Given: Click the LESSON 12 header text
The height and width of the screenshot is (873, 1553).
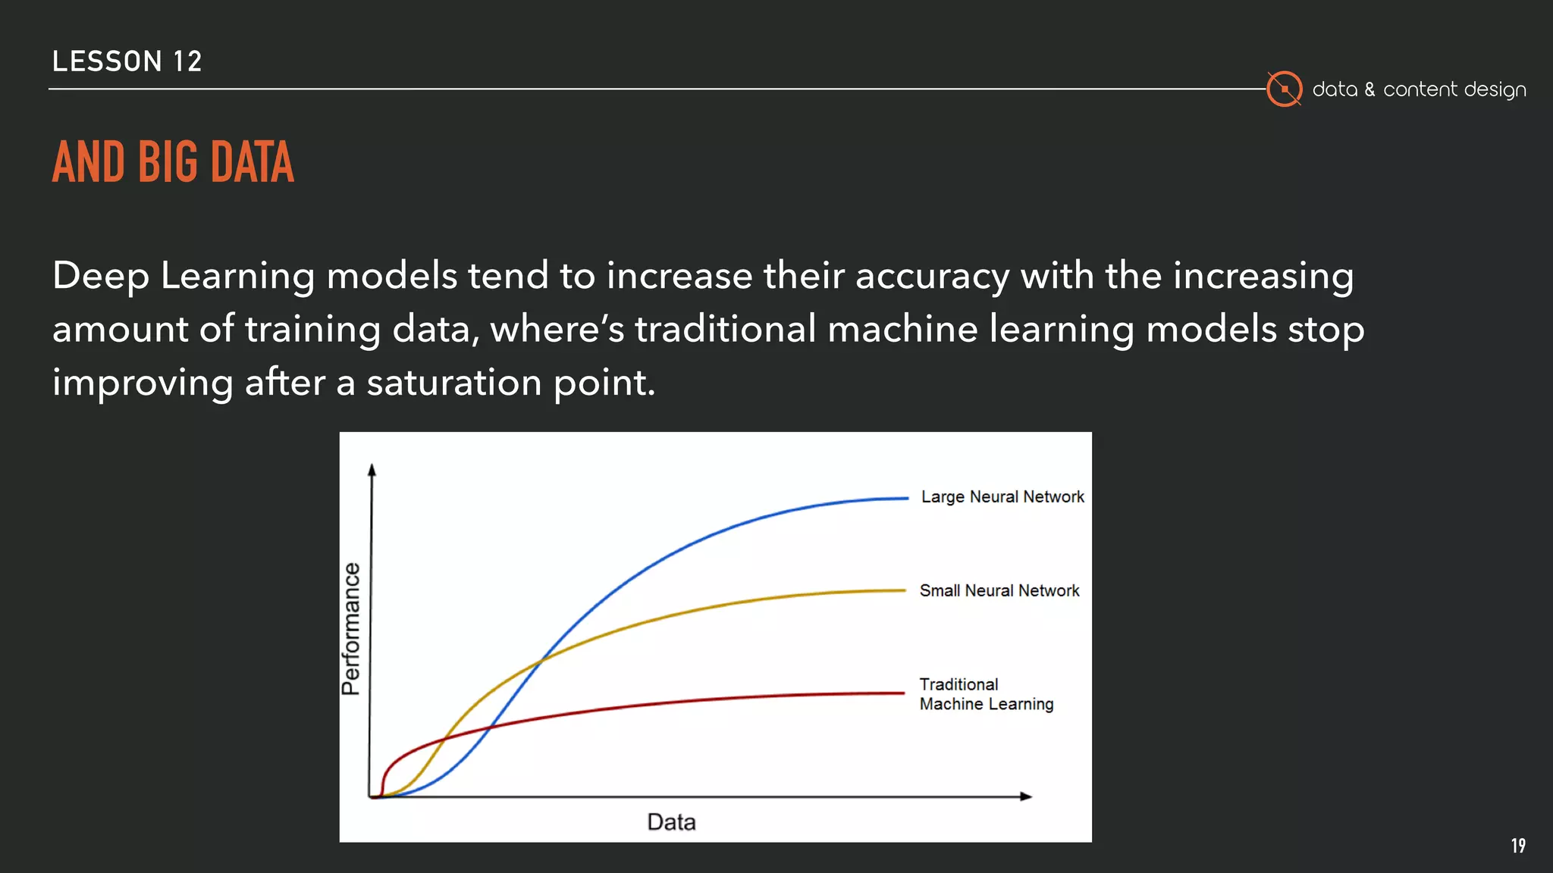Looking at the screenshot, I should coord(127,61).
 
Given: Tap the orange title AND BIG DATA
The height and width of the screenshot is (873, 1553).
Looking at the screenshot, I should coord(173,162).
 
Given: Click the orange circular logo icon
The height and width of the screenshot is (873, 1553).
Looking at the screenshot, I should coord(1284,89).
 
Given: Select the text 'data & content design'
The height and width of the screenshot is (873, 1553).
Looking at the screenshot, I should coord(1418,89).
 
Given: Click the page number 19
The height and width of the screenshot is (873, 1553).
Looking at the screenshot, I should coord(1517,846).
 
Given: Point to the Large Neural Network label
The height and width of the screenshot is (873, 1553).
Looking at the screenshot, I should coord(1002,497).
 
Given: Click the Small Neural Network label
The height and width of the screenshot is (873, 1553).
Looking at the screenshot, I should coord(999,591).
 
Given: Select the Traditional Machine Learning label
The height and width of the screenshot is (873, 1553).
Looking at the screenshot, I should coord(985,694).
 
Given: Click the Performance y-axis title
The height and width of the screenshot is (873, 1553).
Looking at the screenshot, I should coord(350,628).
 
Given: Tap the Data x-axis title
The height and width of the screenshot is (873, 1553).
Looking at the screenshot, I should coord(671,822).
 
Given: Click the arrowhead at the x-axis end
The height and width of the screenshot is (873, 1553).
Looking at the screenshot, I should coord(1026,796).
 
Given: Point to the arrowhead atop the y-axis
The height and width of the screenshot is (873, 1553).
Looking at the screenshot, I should coord(372,470).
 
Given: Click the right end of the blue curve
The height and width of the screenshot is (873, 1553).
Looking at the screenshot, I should coord(906,499).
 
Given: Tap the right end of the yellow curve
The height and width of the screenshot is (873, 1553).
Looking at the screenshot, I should coord(903,590).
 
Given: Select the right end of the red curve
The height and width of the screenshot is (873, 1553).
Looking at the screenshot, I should coord(902,693).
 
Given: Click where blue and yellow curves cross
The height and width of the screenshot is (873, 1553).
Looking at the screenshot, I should coord(541,661).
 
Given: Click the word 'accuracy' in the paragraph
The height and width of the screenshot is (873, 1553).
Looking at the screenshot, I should coord(932,276).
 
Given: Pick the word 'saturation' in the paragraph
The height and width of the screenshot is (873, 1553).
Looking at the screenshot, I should coord(454,383).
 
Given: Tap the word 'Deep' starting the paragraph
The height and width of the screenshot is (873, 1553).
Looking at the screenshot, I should coord(100,276).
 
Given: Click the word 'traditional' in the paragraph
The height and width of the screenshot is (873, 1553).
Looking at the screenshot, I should coord(725,330).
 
